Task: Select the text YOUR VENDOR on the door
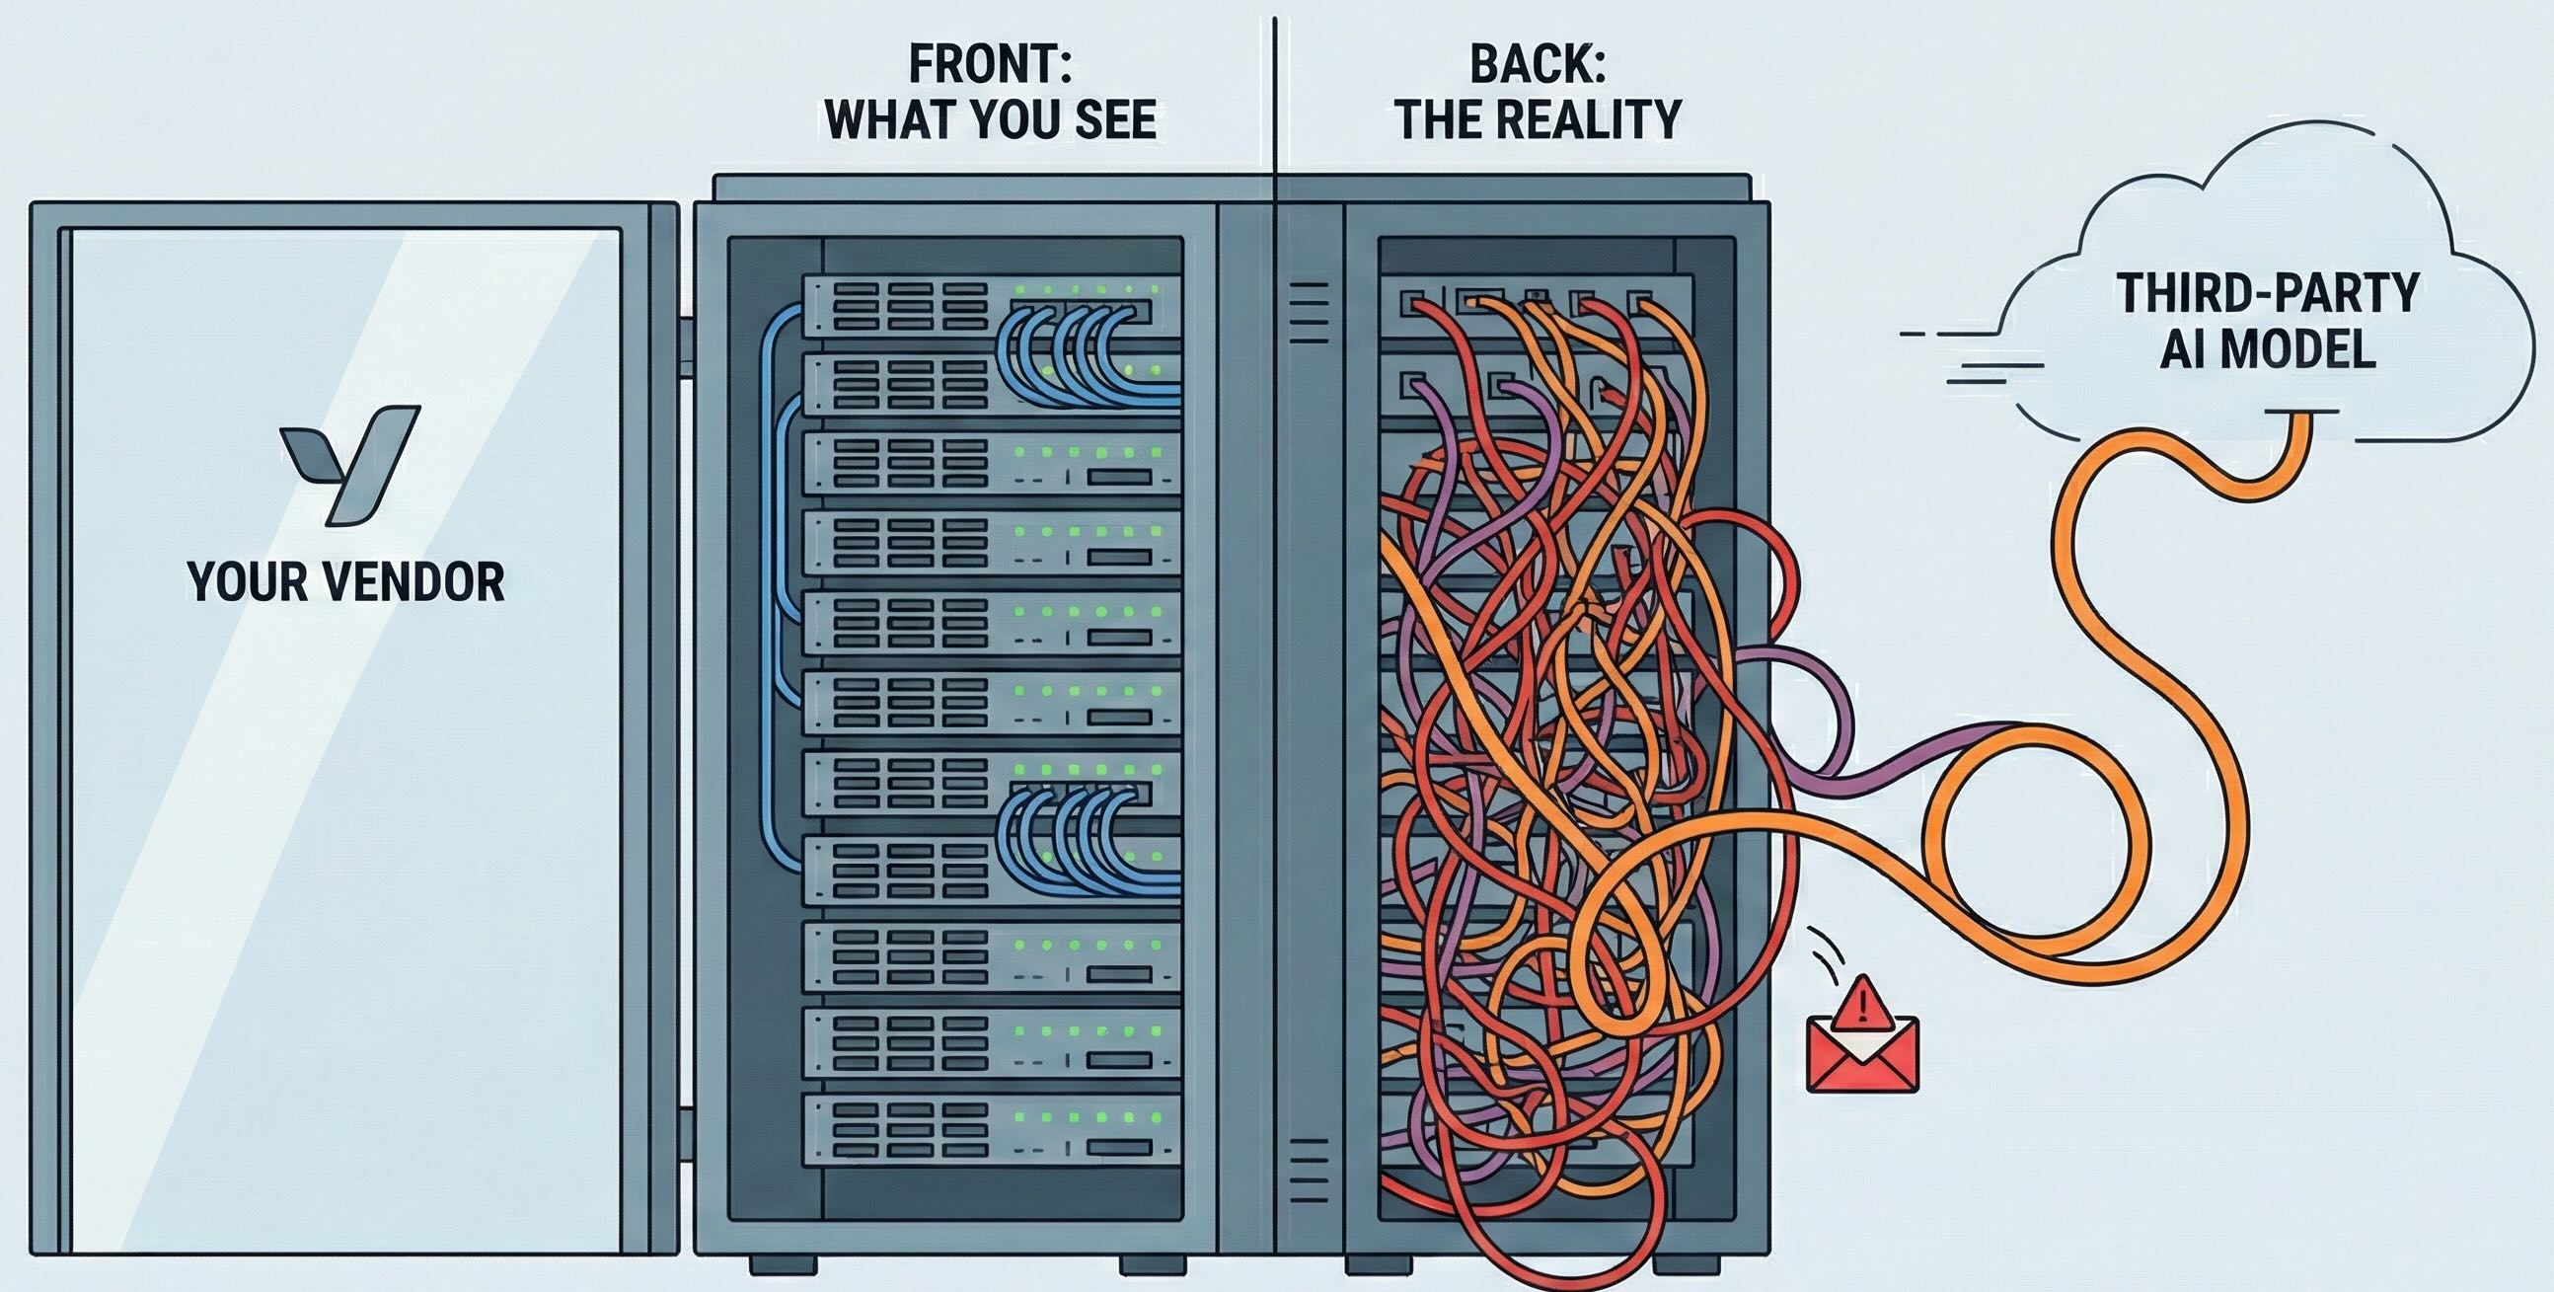pos(345,582)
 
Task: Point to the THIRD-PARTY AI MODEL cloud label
pos(2268,320)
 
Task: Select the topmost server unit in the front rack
pos(992,303)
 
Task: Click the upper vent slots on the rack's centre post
pos(1310,312)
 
